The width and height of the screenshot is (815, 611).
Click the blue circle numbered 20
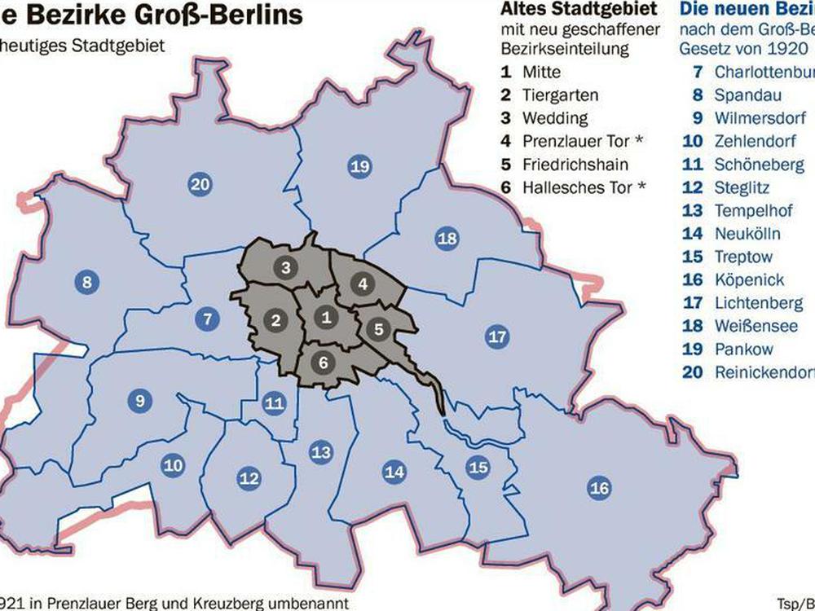200,185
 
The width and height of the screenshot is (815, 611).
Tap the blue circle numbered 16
599,488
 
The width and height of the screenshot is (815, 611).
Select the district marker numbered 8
86,284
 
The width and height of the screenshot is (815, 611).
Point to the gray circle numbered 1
326,317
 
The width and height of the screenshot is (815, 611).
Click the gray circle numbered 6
323,362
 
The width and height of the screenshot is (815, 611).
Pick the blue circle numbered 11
274,402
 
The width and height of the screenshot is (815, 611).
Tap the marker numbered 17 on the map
496,336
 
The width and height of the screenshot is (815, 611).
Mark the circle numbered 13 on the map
321,452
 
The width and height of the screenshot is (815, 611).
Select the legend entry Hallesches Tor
578,187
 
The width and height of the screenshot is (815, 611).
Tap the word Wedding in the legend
555,118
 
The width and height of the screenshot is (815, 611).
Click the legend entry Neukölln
747,234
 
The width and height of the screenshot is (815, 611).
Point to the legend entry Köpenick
749,279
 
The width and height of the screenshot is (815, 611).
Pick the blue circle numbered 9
140,400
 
